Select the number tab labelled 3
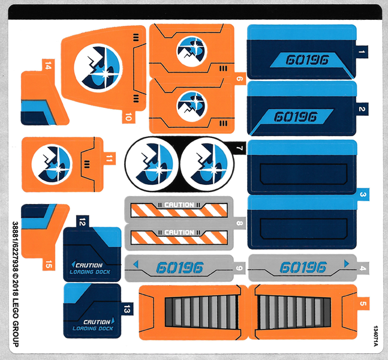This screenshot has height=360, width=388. pyautogui.click(x=363, y=194)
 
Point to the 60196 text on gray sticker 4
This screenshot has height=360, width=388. pyautogui.click(x=303, y=266)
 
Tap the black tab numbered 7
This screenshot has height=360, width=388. pyautogui.click(x=239, y=148)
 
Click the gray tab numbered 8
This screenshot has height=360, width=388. pyautogui.click(x=239, y=225)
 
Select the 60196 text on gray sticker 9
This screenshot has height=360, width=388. pyautogui.click(x=179, y=268)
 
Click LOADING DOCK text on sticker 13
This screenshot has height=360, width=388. pyautogui.click(x=93, y=328)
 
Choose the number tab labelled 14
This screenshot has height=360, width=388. pyautogui.click(x=47, y=66)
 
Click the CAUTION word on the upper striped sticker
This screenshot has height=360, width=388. pyautogui.click(x=179, y=205)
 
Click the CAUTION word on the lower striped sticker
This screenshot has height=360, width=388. pyautogui.click(x=179, y=232)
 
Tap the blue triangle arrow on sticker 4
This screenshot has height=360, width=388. pyautogui.click(x=345, y=263)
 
